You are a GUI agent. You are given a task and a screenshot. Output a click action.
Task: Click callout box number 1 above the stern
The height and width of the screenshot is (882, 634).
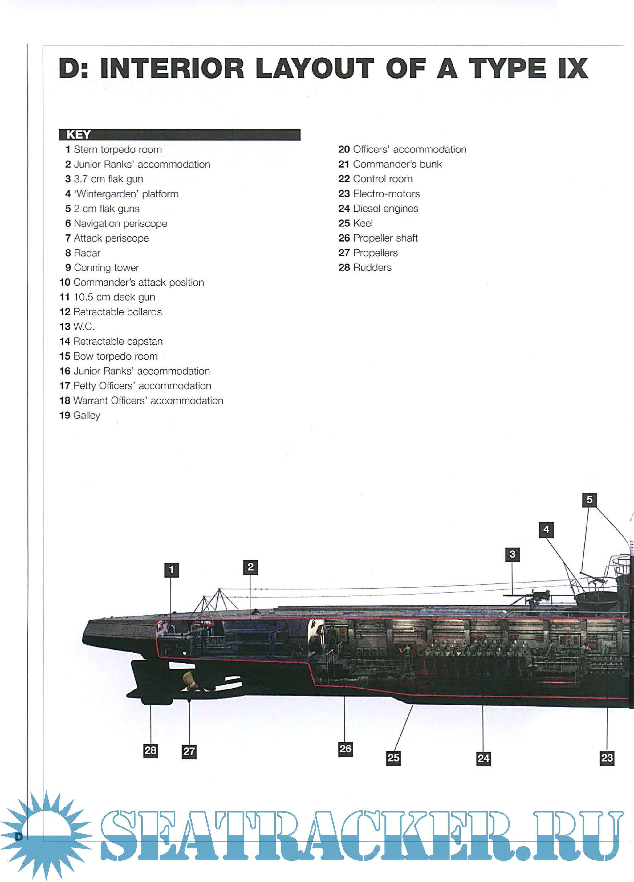171,570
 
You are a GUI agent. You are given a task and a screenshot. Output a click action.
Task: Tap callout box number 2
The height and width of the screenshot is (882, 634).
250,567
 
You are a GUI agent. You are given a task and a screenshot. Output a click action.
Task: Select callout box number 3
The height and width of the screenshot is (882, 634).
512,554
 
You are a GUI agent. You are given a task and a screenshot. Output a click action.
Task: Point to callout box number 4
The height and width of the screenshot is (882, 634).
546,529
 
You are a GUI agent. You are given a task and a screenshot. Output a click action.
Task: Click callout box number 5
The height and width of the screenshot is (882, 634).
589,500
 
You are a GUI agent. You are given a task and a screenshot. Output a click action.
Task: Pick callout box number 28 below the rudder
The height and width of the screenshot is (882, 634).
151,750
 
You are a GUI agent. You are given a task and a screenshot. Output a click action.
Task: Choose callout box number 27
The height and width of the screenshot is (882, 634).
189,751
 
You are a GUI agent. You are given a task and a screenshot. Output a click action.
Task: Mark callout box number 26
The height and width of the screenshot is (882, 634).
345,749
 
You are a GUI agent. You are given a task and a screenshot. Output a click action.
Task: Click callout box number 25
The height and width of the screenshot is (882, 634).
393,758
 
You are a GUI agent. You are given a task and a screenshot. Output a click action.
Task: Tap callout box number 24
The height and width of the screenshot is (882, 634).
483,758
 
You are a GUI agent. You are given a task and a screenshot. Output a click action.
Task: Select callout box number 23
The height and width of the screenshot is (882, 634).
607,758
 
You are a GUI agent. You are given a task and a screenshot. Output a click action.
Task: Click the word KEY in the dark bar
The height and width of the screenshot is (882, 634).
79,135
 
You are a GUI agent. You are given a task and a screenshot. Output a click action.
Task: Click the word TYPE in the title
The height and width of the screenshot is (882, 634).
506,68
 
